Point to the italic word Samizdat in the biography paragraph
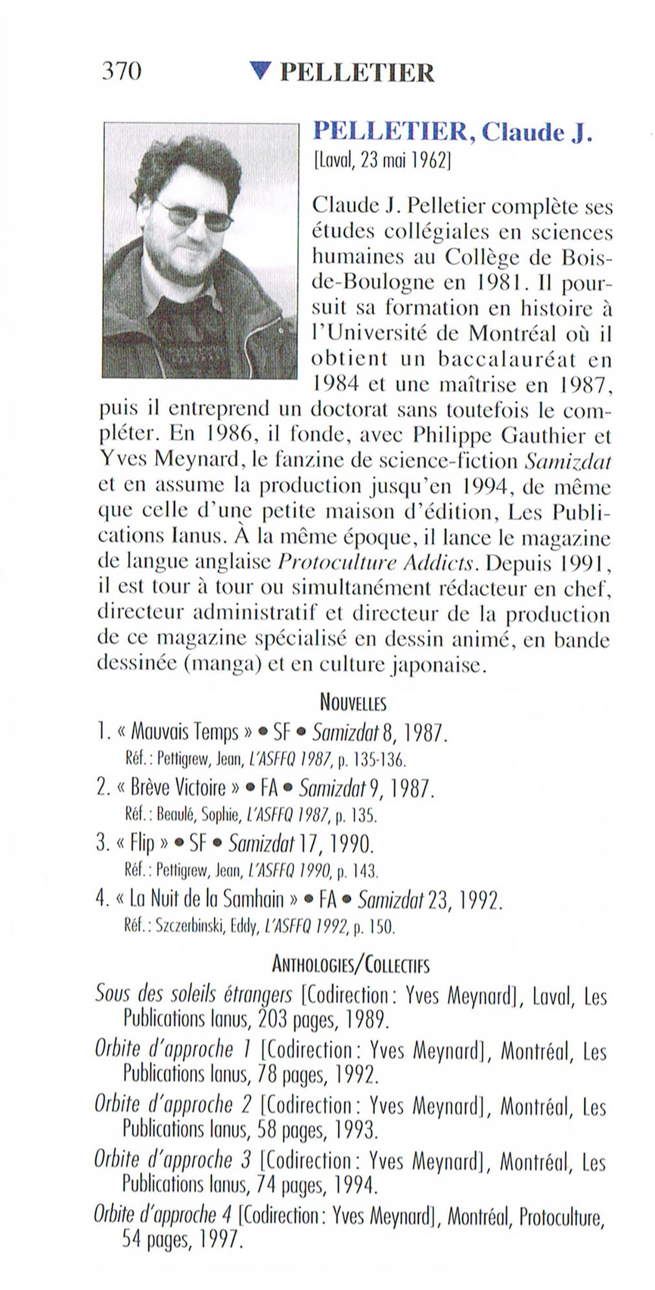coord(568,461)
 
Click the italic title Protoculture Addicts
coord(376,563)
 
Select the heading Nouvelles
coord(353,703)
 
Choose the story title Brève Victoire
coord(178,788)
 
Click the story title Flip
coord(142,844)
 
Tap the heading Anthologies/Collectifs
coord(350,964)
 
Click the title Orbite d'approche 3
coord(172,1160)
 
